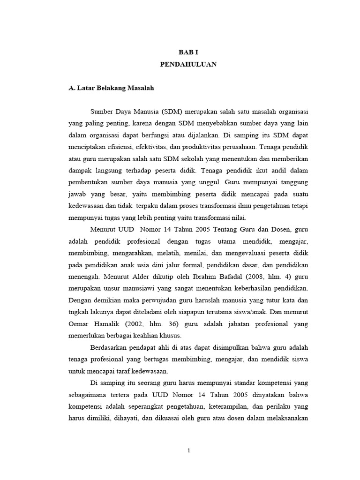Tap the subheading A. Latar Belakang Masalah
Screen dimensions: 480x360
(x=111, y=88)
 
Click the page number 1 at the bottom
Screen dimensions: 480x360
(x=188, y=451)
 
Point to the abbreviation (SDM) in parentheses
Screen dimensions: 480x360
(x=172, y=112)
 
